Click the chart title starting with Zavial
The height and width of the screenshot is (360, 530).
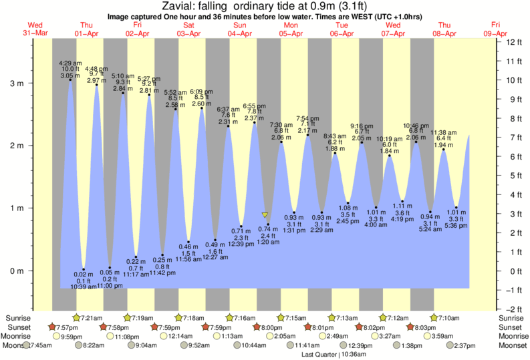tap(265, 6)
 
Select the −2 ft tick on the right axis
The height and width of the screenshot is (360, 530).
tap(513, 309)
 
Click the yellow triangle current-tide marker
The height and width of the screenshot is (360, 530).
tap(265, 215)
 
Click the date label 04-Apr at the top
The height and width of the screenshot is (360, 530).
tap(240, 33)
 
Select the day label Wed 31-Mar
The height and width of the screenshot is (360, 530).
tap(33, 29)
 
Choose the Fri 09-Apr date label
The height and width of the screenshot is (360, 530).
tap(496, 29)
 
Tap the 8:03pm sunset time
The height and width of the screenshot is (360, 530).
tap(446, 327)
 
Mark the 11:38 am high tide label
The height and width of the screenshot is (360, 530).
tap(443, 132)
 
